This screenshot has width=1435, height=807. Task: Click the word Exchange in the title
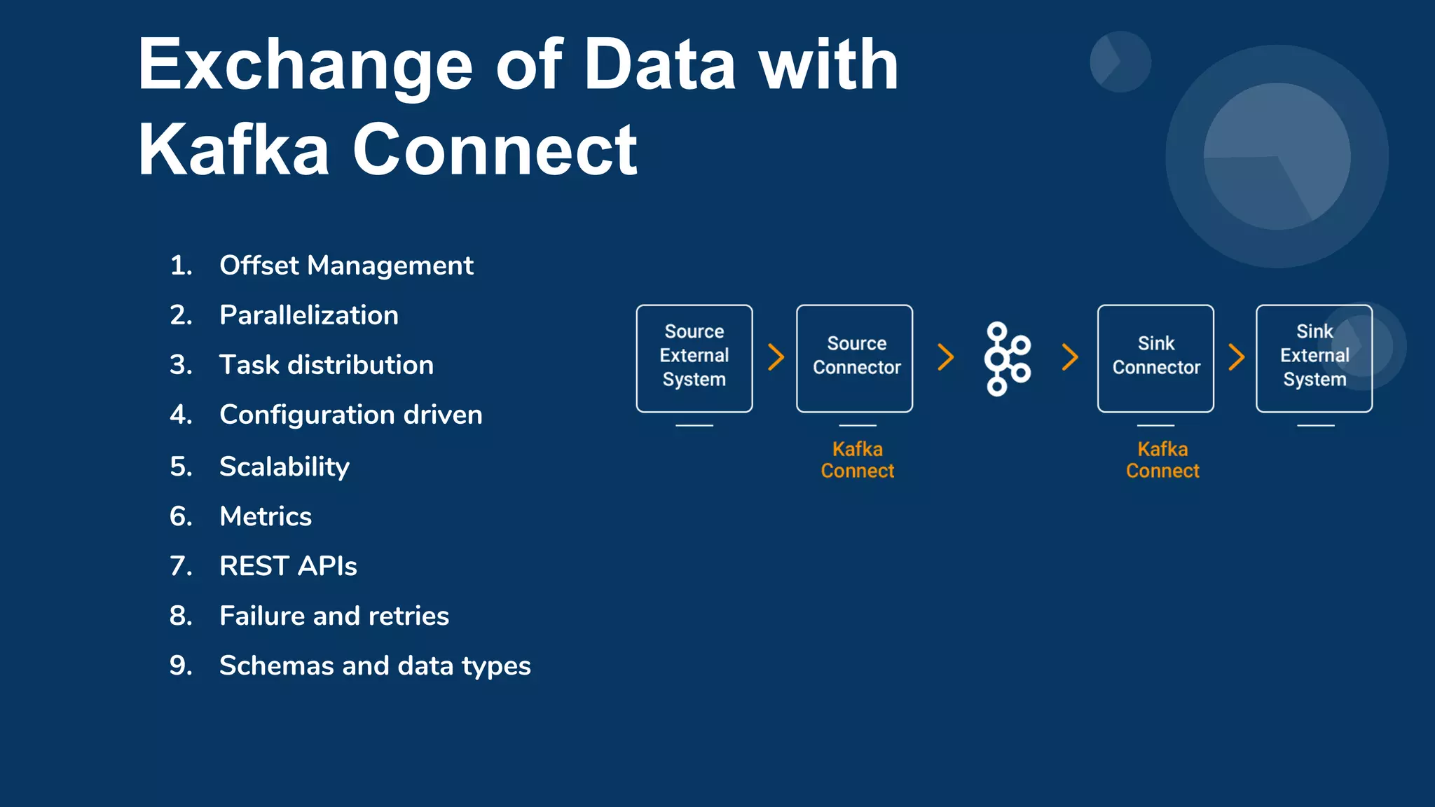305,67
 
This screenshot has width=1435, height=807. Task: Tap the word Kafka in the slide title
233,150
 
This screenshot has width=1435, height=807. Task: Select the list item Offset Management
346,265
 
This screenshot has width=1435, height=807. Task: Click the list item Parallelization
308,315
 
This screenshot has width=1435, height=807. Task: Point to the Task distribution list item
326,365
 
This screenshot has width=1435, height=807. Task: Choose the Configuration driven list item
350,415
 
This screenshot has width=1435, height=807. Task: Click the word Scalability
284,467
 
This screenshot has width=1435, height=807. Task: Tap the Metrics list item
265,516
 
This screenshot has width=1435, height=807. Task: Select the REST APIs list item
287,566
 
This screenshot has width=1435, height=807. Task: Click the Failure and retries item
334,616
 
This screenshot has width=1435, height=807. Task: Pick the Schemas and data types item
374,665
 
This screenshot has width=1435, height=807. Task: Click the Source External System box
694,358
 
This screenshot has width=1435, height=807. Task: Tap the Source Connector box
855,358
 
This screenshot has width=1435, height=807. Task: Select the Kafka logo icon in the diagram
1007,359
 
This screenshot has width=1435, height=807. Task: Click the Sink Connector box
1155,358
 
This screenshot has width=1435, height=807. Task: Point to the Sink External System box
1314,358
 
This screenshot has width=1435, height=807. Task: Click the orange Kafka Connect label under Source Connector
857,460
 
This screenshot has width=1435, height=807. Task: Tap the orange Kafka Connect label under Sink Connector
1162,460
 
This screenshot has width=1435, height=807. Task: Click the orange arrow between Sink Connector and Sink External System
1237,357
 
